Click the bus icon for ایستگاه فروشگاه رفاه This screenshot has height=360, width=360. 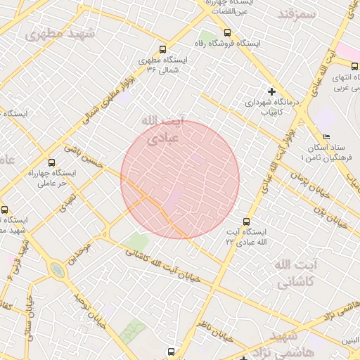pyautogui.click(x=226, y=32)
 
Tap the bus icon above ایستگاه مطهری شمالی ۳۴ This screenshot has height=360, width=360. pyautogui.click(x=163, y=50)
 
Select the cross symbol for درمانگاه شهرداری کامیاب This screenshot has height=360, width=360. pyautogui.click(x=272, y=91)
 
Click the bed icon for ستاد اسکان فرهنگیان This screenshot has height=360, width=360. pyautogui.click(x=325, y=136)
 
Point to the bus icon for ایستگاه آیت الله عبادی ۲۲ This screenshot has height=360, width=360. pyautogui.click(x=245, y=221)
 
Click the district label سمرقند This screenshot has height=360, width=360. pyautogui.click(x=294, y=14)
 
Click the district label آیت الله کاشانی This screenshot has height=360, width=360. pyautogui.click(x=292, y=274)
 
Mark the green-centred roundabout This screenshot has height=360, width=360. pyautogui.click(x=56, y=270)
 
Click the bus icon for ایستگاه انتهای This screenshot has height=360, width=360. pyautogui.click(x=354, y=66)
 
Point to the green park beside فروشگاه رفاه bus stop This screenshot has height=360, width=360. pyautogui.click(x=207, y=35)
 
